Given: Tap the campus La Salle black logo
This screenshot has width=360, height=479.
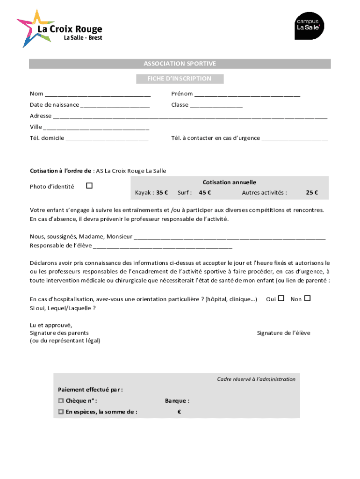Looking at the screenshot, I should coord(309,25).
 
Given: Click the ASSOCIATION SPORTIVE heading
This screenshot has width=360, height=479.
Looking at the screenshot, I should coord(180,64).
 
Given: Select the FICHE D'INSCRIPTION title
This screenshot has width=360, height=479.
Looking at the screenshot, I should coord(180,79).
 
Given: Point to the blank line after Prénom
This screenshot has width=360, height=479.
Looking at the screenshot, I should coord(247,95).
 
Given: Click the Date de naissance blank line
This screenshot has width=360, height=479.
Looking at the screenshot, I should coord(115,106).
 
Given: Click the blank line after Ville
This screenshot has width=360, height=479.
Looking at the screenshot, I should coord(96,128).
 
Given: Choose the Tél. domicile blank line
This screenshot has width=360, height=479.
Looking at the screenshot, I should coord(107,139).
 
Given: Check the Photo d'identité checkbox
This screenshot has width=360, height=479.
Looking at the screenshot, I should coord(89,186).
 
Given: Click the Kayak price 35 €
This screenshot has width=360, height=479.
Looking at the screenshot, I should coord(162,192).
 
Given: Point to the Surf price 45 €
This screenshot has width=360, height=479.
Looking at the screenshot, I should coord(205,192).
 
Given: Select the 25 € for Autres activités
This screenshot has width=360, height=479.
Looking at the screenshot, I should coord(312,192).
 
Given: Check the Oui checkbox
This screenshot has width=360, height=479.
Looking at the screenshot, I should coord(281,298).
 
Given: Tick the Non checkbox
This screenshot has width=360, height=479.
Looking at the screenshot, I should coord(307,298).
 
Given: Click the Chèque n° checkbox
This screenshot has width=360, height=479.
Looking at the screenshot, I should coord(61,401).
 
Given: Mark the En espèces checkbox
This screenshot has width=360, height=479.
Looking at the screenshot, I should coord(61,412).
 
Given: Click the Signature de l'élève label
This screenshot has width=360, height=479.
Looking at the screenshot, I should coord(283,333).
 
